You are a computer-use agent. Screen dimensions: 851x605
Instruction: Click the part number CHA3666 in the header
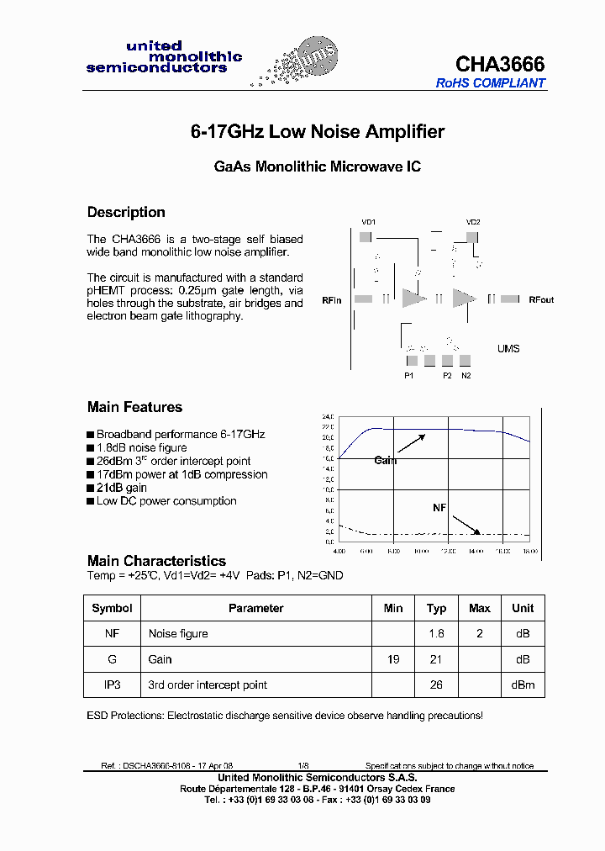[500, 64]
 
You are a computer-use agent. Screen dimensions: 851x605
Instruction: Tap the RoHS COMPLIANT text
[491, 83]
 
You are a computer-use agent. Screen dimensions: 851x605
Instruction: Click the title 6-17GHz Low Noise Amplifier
[317, 132]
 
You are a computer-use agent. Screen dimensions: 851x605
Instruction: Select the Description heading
[126, 212]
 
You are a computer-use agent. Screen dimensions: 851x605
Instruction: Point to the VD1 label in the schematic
[368, 222]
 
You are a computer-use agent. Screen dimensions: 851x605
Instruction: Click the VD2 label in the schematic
[473, 222]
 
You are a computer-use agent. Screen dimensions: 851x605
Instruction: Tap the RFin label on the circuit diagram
[332, 299]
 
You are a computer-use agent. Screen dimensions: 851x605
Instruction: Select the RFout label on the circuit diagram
[541, 299]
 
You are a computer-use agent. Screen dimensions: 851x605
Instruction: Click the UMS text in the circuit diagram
[508, 349]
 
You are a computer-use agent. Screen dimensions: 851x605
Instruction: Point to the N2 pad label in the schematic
[466, 376]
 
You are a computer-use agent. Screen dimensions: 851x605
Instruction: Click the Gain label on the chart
[385, 460]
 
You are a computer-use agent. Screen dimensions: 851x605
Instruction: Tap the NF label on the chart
[439, 508]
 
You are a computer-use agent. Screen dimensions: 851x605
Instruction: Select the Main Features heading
[134, 407]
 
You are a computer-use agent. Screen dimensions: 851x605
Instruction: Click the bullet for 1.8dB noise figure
[90, 448]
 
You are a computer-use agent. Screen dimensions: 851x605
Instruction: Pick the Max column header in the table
[480, 608]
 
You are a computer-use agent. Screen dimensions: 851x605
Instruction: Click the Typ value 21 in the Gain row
[436, 659]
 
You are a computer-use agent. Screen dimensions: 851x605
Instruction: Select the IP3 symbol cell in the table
[112, 685]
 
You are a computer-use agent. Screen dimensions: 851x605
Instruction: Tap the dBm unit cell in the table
[523, 685]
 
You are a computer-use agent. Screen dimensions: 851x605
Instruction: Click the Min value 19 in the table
[393, 659]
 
